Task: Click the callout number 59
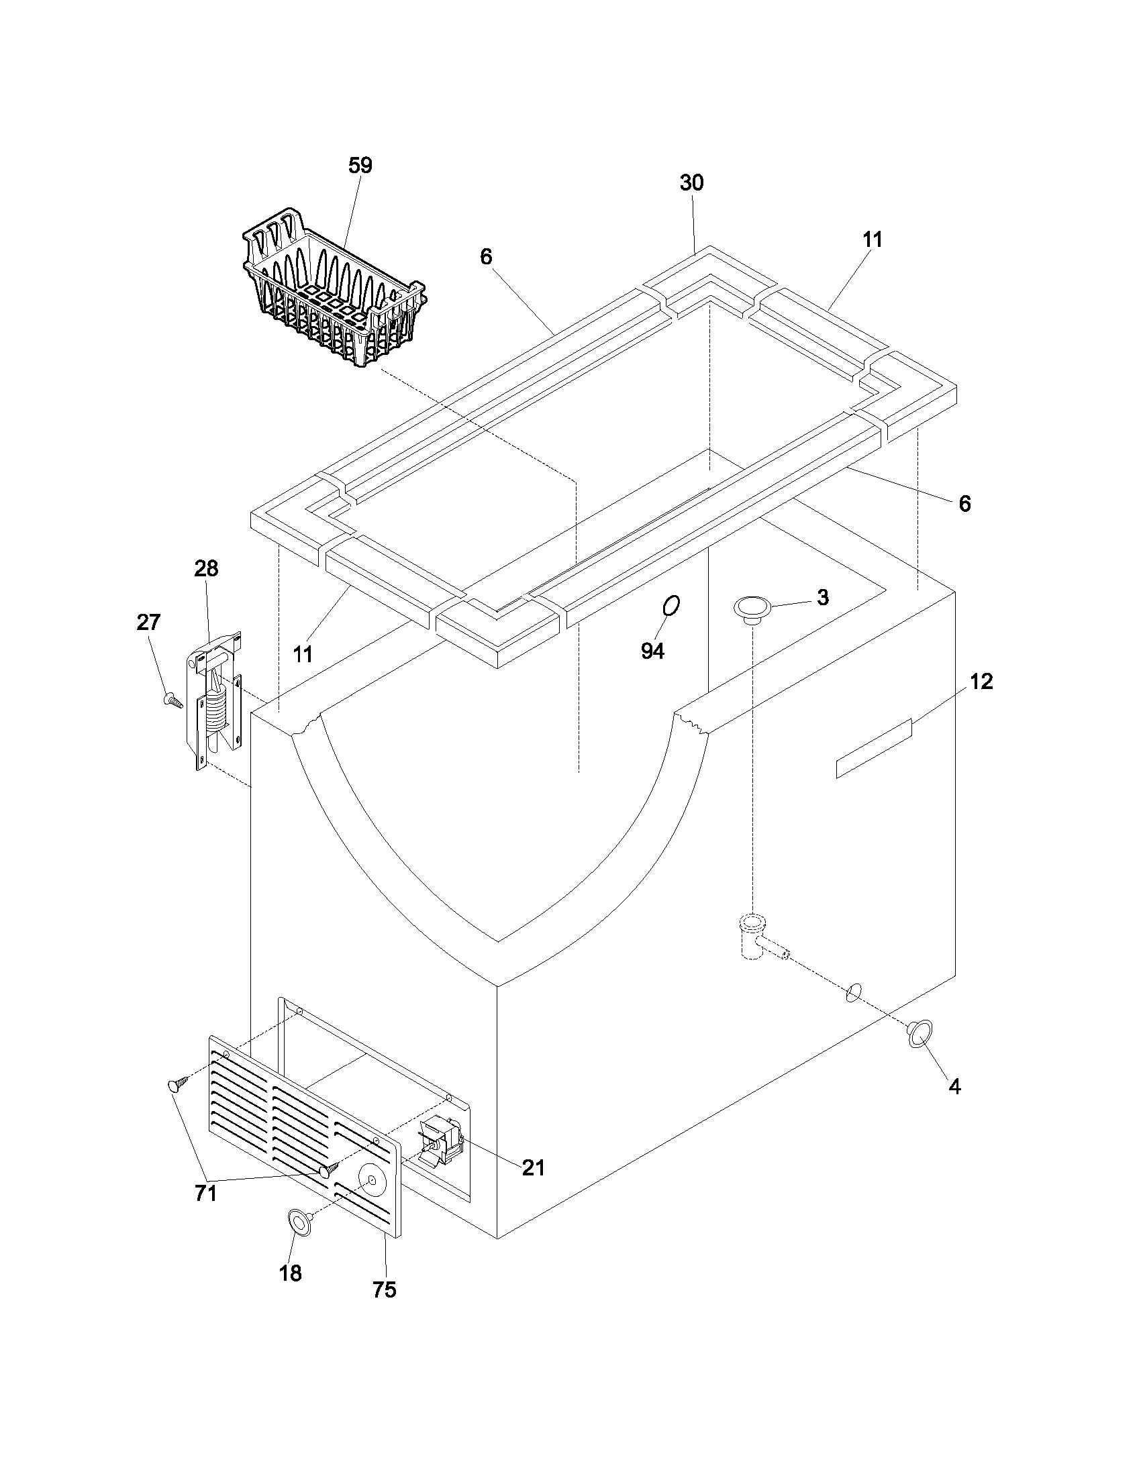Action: coord(360,166)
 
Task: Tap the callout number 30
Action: coord(691,183)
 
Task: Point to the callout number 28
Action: coord(206,568)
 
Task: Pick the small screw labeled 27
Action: coord(173,700)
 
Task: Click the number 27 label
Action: coord(149,622)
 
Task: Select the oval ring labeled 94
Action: coord(671,606)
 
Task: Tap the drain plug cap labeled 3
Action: coord(751,608)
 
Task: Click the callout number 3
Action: coord(823,597)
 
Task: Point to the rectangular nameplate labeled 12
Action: coord(874,749)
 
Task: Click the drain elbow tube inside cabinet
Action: coord(755,936)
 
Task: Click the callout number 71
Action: coord(205,1213)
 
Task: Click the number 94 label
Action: coord(652,651)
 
